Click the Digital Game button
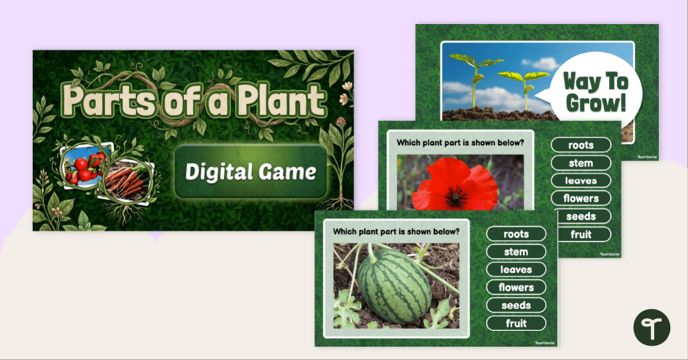pos(251,171)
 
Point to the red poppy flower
pos(455,185)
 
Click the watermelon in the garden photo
pos(394,286)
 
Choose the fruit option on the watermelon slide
pos(516,323)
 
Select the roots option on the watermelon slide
pos(516,234)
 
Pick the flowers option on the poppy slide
pos(581,198)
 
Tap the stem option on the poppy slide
pos(581,163)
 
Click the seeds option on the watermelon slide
pos(516,306)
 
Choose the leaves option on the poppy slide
pos(581,181)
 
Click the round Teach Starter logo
pos(652,327)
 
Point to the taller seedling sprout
pos(475,80)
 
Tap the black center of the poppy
pos(456,197)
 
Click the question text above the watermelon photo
pos(396,232)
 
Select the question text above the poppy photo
pos(460,143)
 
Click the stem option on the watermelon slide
pos(516,252)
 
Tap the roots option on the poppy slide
pos(581,145)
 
